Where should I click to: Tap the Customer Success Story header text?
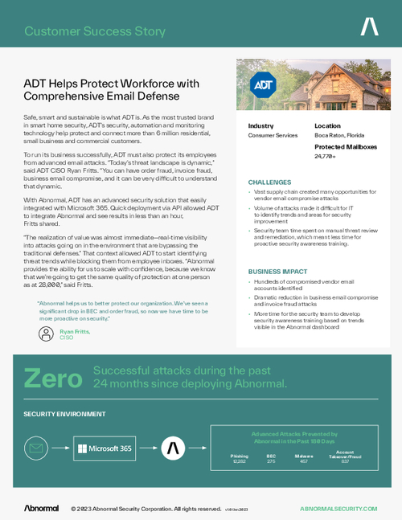[95, 32]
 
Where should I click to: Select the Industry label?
[260, 126]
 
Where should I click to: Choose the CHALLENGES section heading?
[270, 183]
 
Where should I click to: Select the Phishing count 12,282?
[240, 461]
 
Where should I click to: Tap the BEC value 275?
[271, 461]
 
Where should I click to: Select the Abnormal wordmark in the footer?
[41, 509]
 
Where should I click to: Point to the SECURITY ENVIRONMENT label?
[64, 414]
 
